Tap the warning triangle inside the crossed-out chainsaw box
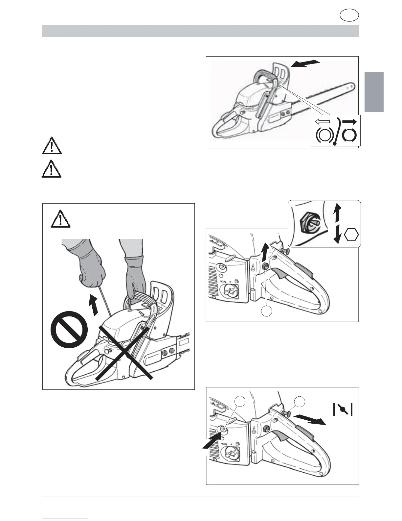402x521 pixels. [60, 219]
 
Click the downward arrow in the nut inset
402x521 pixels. [336, 236]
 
